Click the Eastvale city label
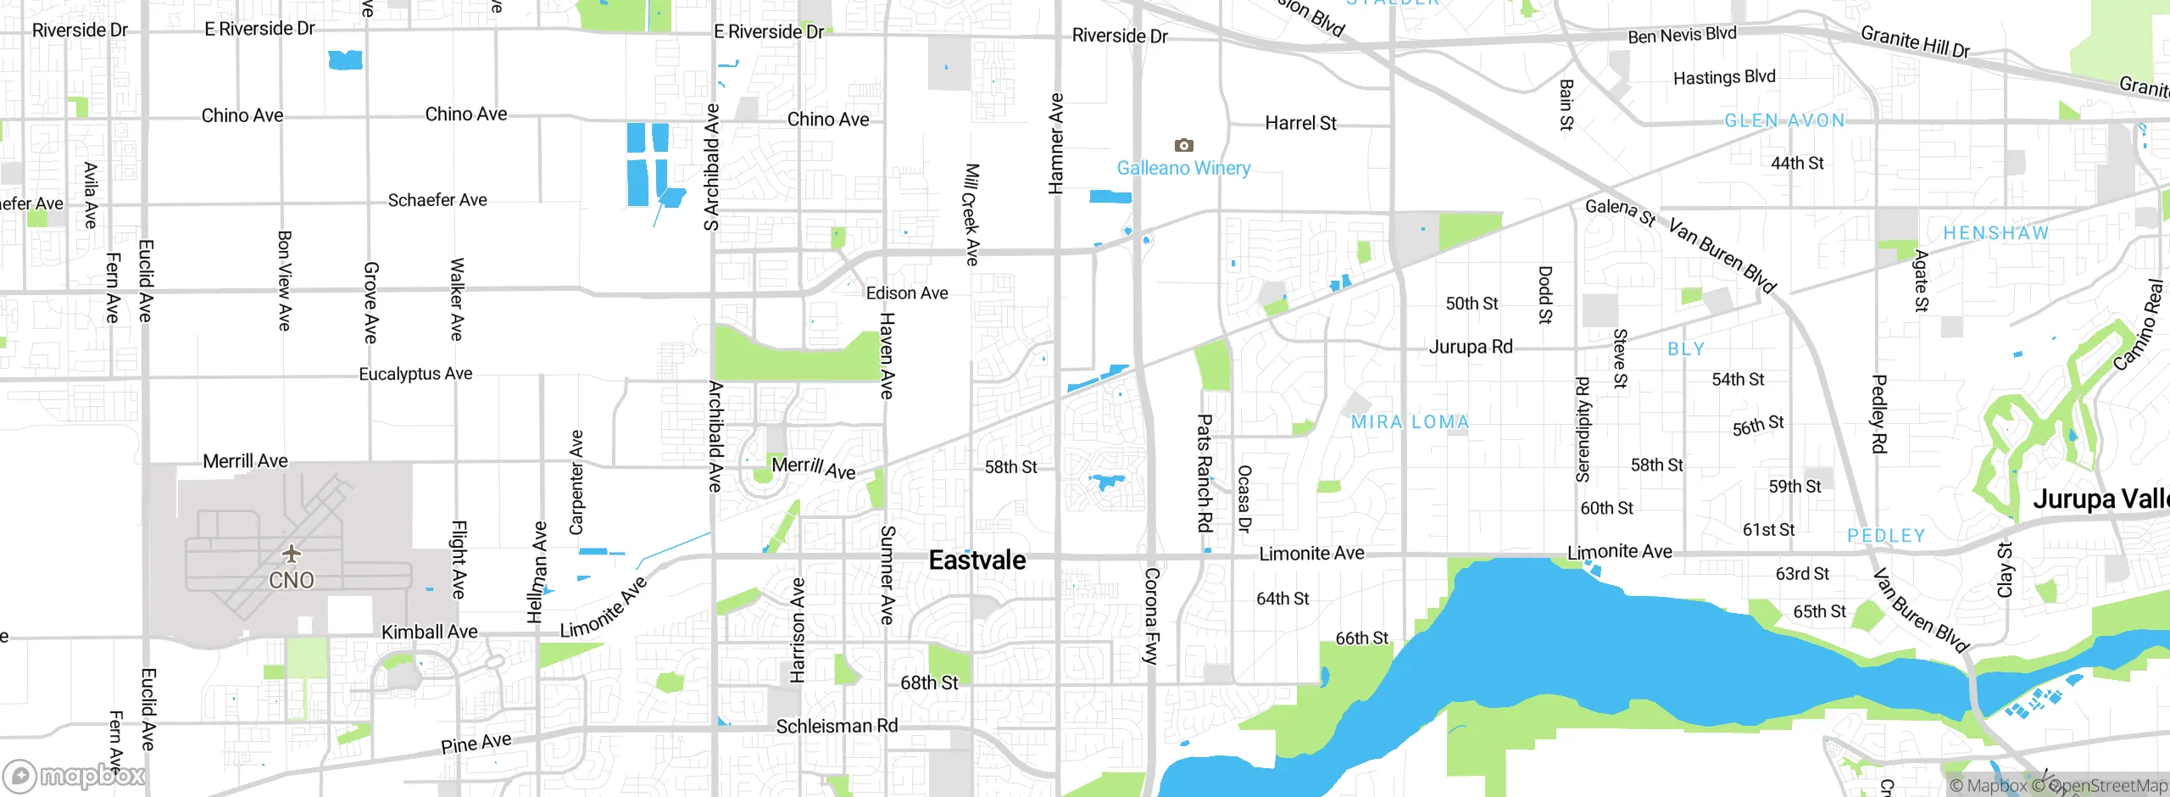coord(977,560)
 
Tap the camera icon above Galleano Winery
coord(1183,145)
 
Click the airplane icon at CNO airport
coord(292,555)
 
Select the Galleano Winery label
coord(1183,168)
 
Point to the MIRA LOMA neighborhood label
coord(1410,421)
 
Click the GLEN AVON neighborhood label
coord(1784,120)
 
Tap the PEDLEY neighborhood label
coord(1886,536)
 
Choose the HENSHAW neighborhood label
coord(1995,233)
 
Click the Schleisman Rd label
coord(837,726)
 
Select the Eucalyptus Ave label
coord(415,374)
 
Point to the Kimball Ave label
coord(429,632)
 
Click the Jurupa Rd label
coord(1471,347)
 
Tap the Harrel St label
coord(1300,123)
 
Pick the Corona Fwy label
coord(1151,616)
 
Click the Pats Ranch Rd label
coord(1204,472)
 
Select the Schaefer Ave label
coord(437,200)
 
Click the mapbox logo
coord(75,775)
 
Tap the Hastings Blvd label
coord(1723,77)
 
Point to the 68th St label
coord(929,683)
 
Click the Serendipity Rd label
coord(1582,429)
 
